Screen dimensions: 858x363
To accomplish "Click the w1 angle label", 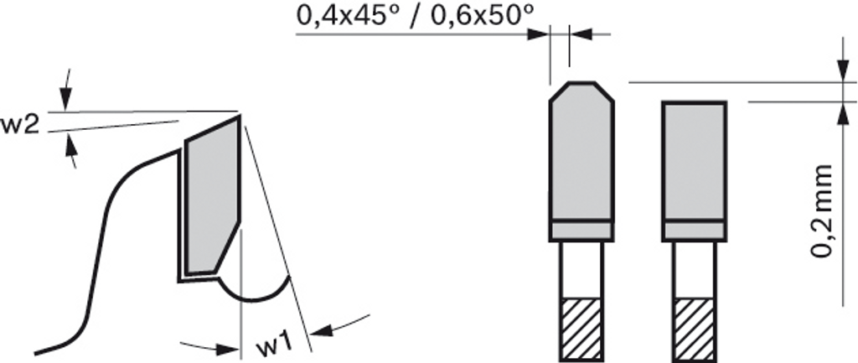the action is [x=274, y=345].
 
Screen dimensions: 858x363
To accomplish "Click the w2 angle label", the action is [x=19, y=127].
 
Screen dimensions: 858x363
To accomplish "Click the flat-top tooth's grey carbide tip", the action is [x=694, y=162].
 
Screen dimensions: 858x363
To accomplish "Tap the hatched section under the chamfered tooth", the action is [x=581, y=329].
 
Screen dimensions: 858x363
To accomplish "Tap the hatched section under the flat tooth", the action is [x=694, y=329].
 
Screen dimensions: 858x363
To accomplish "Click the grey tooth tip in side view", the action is [x=212, y=196].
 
